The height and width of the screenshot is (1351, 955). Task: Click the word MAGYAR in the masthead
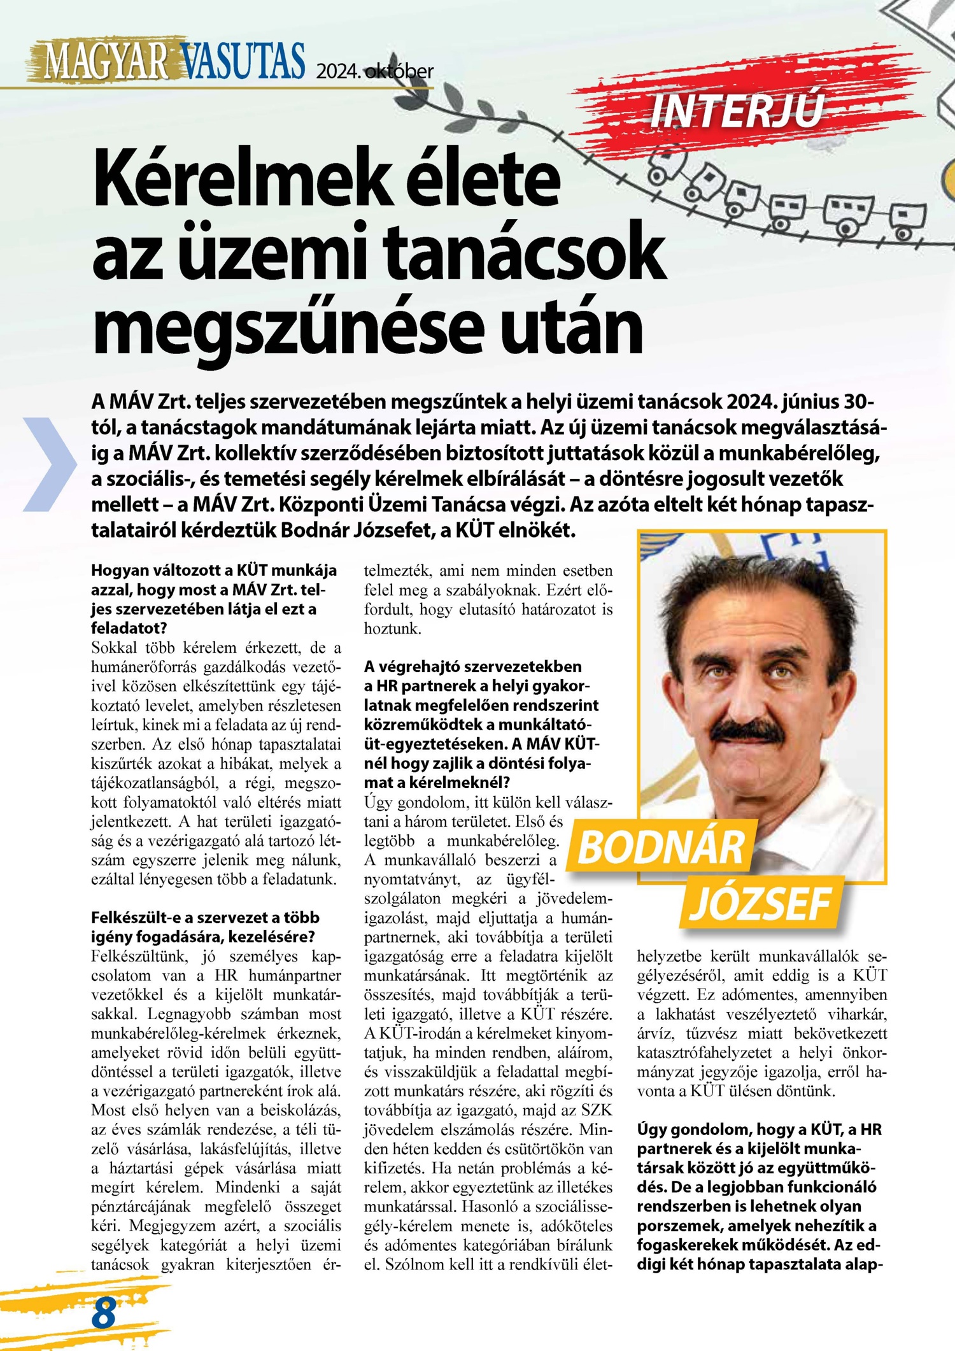[x=105, y=61]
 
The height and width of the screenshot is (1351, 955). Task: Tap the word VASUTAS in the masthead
[x=242, y=61]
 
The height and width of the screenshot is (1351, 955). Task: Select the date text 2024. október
[x=374, y=71]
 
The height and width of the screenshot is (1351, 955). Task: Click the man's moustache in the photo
[x=757, y=734]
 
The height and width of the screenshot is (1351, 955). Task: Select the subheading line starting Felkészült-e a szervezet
[x=205, y=918]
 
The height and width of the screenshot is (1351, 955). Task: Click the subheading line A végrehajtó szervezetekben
[x=472, y=666]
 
